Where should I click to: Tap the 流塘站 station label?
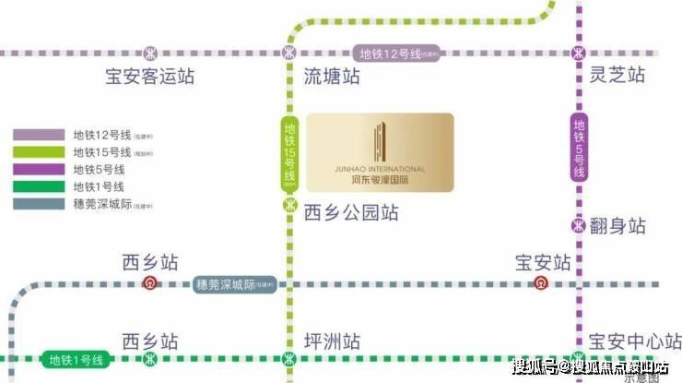tap(331, 78)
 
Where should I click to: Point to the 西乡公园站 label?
tap(351, 213)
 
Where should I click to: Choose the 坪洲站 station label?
tap(331, 338)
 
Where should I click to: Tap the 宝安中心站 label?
tap(635, 338)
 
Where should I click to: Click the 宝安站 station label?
tap(543, 262)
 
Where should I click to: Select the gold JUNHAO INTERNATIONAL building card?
tap(380, 153)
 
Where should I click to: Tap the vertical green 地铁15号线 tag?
tap(290, 152)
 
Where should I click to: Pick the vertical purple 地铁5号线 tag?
tap(579, 149)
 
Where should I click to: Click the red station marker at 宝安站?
tap(542, 283)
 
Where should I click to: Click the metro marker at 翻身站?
tap(579, 224)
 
